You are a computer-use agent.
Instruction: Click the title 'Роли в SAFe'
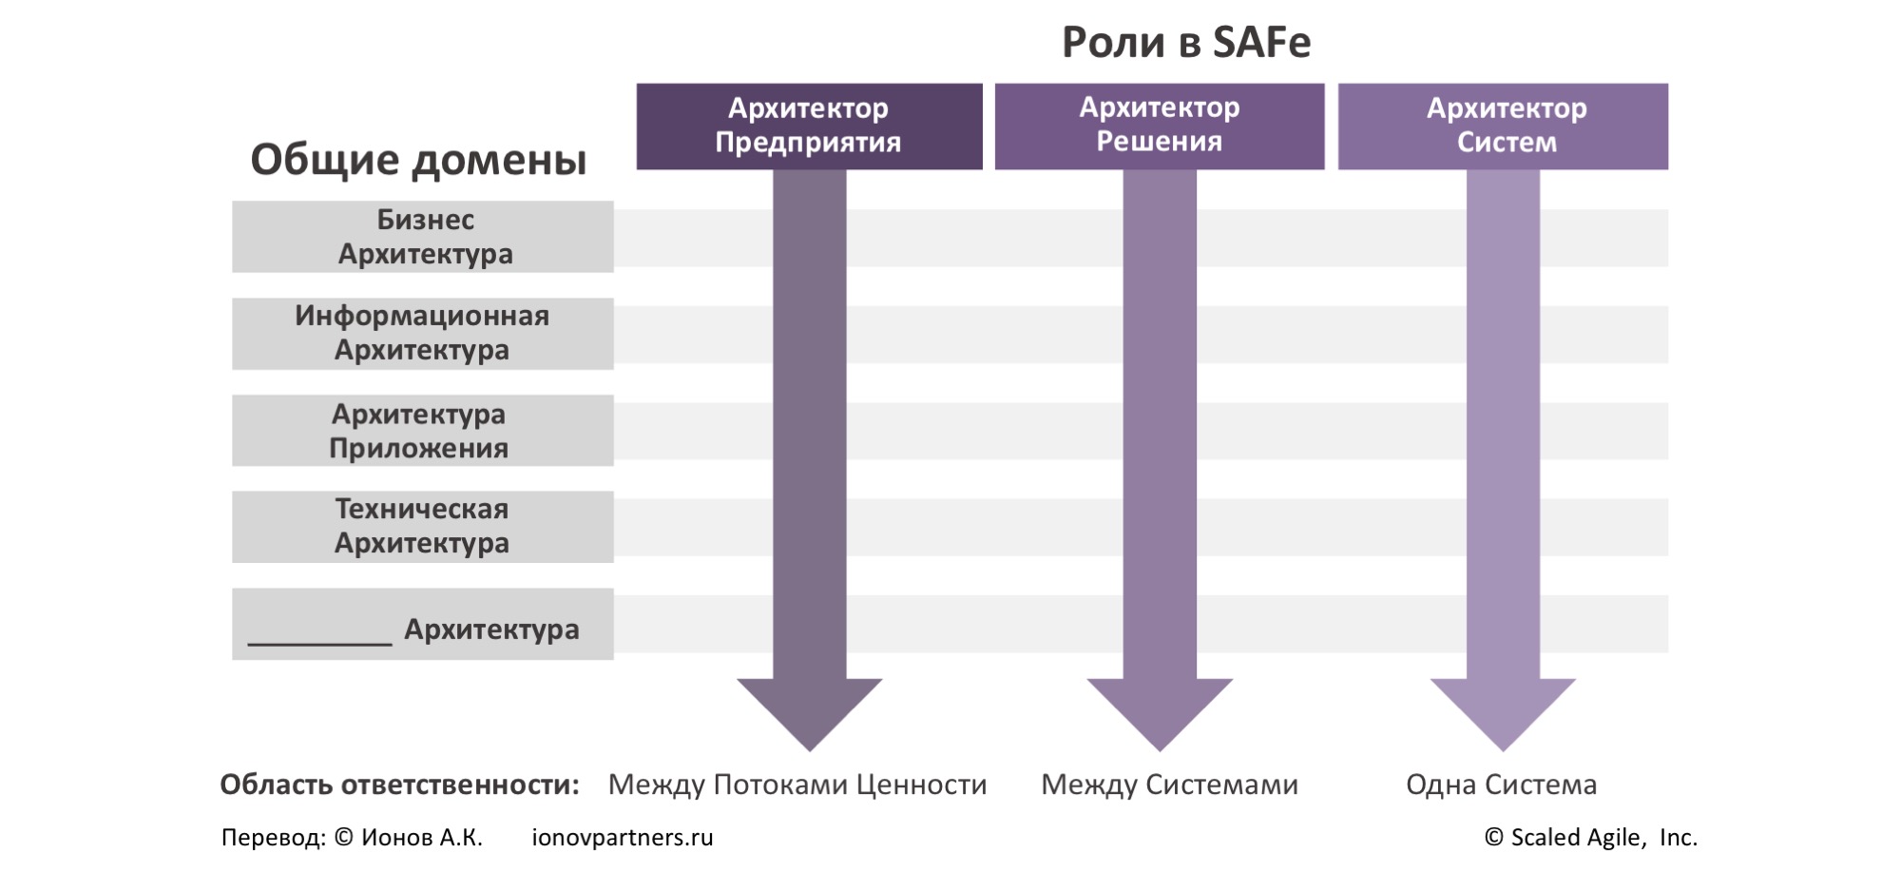[1185, 43]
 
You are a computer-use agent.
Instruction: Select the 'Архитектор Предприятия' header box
[809, 126]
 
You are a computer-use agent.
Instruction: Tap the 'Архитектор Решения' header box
[1159, 126]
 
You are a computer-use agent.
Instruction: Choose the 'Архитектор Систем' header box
[1503, 126]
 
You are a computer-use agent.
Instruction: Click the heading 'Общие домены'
[418, 160]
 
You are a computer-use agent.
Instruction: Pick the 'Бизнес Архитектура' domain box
[423, 237]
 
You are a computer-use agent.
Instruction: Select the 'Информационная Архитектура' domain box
[423, 334]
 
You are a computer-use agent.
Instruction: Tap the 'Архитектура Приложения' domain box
[423, 431]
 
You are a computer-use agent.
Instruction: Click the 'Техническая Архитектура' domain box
[423, 527]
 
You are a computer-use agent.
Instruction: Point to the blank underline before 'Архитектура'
[319, 639]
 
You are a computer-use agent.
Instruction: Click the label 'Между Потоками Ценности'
[797, 785]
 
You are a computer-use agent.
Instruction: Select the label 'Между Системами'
[1169, 785]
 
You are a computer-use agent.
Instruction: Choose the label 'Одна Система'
[1501, 785]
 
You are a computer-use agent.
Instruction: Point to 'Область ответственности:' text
[399, 785]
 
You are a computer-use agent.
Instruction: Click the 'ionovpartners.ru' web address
[622, 838]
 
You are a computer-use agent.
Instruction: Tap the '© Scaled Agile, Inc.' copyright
[1590, 838]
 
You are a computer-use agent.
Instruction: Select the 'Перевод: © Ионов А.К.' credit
[352, 838]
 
